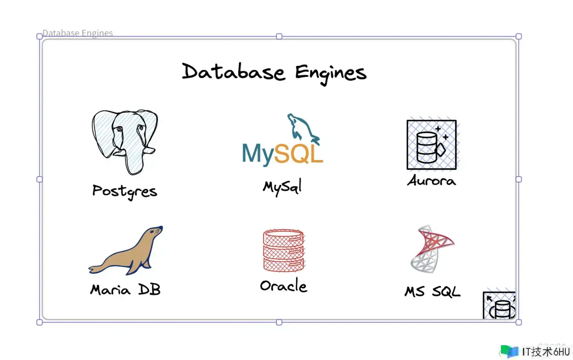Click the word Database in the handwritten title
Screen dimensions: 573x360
(x=233, y=72)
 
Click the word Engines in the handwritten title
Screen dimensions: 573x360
(x=331, y=74)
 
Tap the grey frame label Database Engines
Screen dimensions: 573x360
(x=77, y=33)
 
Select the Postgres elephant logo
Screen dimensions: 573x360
(x=125, y=142)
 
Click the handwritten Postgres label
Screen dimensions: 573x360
(x=124, y=192)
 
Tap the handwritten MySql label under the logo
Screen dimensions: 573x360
(x=282, y=187)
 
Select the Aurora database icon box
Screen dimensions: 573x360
(x=432, y=145)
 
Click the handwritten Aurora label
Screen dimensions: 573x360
(x=432, y=180)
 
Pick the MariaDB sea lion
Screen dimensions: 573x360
(x=126, y=250)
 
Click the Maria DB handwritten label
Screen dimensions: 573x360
(x=125, y=289)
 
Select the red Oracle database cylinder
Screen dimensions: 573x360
(x=283, y=250)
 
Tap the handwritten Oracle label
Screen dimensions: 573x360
(x=283, y=285)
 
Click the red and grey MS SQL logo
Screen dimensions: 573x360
(x=432, y=249)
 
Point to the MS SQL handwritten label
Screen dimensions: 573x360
(x=432, y=291)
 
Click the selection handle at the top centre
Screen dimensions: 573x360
(x=279, y=36)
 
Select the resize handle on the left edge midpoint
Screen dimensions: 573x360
(x=39, y=180)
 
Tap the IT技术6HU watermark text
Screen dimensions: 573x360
(x=546, y=352)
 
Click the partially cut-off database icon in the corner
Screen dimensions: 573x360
(x=499, y=305)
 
